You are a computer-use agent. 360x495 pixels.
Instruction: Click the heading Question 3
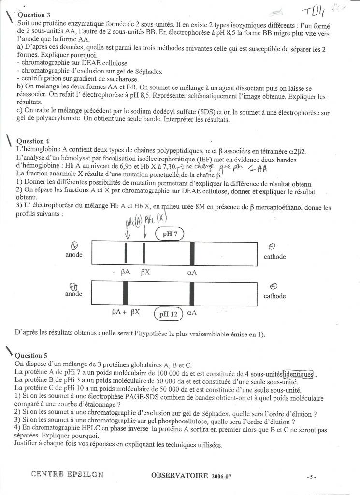click(x=34, y=15)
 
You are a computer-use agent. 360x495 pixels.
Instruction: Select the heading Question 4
click(x=34, y=141)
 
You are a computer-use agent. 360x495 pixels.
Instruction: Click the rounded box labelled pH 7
click(x=170, y=234)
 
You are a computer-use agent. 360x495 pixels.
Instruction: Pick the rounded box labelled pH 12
click(x=168, y=314)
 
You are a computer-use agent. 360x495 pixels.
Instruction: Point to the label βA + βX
click(x=126, y=312)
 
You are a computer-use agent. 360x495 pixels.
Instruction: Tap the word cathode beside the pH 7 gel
click(x=274, y=256)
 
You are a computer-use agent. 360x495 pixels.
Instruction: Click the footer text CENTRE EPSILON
click(x=67, y=474)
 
